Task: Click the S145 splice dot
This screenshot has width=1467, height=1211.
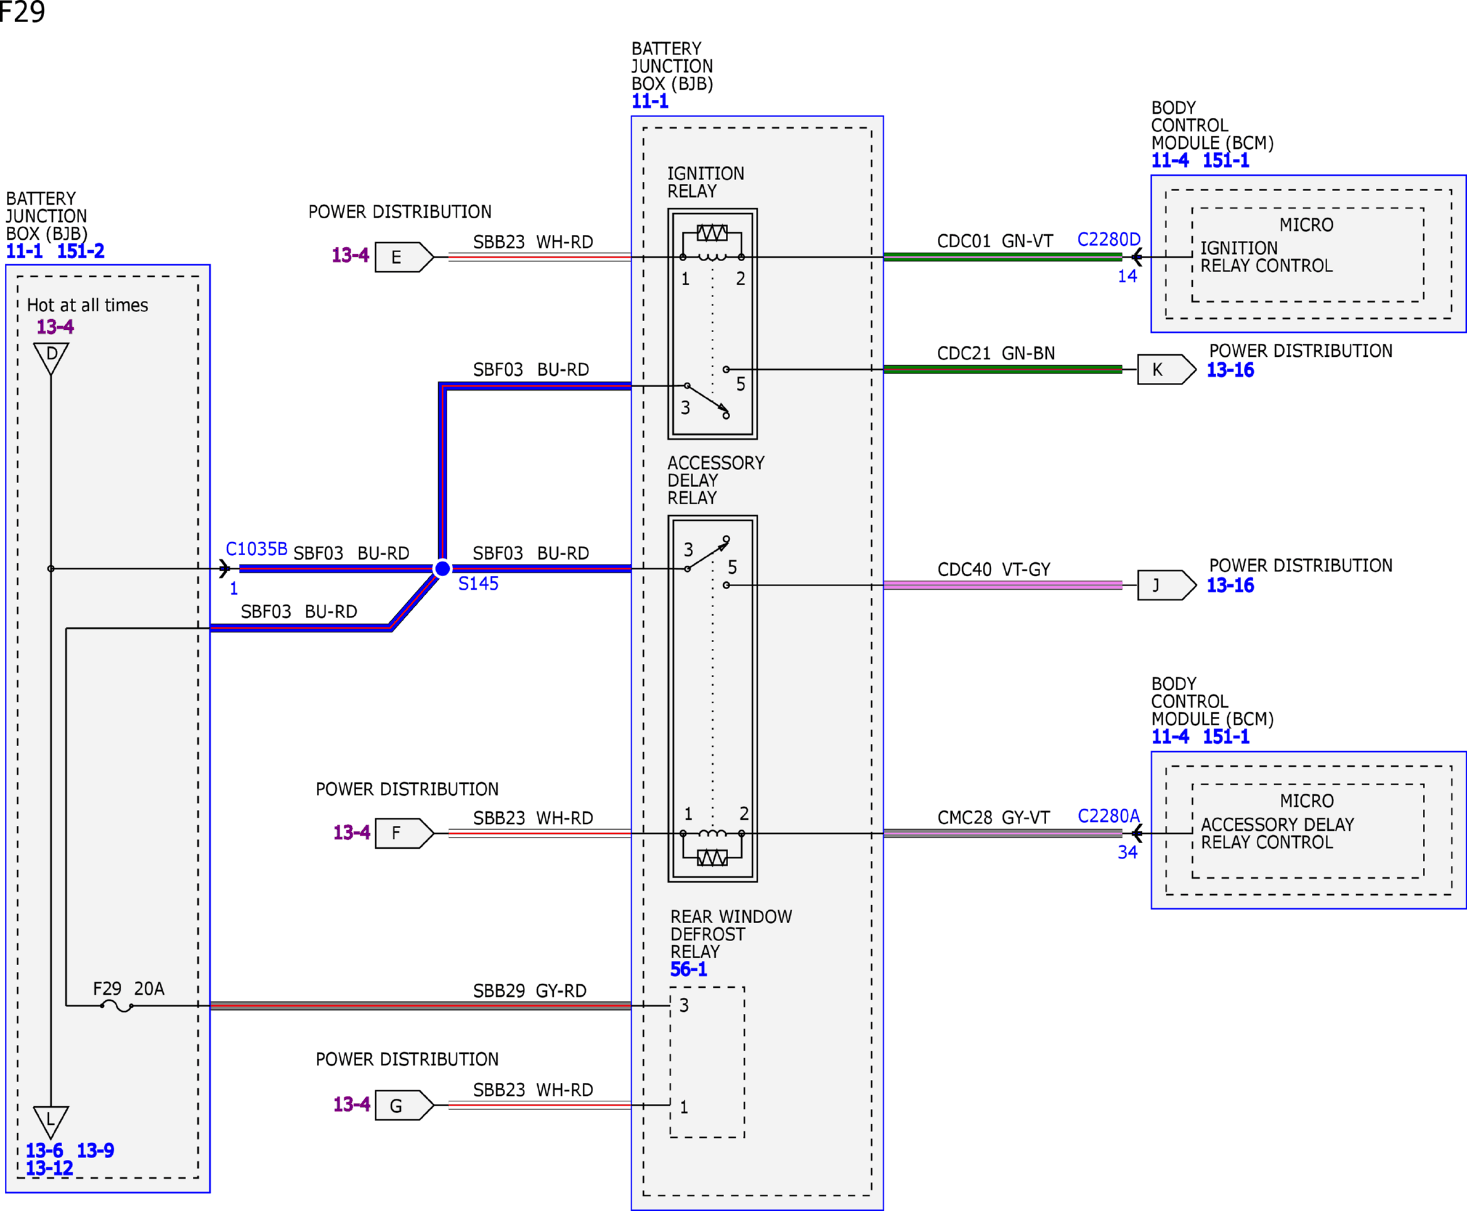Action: tap(442, 568)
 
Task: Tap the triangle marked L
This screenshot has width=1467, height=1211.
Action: tap(51, 1122)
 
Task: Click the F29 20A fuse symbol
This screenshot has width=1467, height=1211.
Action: tap(116, 1006)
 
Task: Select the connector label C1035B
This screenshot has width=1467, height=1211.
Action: tap(256, 549)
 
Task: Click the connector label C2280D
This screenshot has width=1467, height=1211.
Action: tap(1108, 239)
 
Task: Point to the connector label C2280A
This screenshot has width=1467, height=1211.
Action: tap(1108, 816)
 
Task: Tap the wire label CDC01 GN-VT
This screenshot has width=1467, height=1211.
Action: tap(995, 240)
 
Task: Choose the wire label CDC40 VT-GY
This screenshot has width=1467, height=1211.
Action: tap(993, 569)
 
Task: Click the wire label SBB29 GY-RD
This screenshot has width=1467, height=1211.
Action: tap(530, 991)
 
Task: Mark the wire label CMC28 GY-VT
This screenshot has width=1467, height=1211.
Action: tap(993, 817)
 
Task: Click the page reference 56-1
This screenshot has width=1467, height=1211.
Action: tap(689, 969)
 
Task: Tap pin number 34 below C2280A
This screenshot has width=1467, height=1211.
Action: tap(1127, 851)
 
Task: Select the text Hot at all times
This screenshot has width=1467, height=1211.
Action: tap(87, 305)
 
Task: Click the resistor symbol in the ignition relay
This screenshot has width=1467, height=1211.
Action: tap(712, 232)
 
